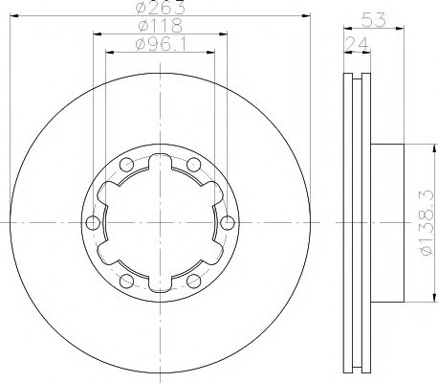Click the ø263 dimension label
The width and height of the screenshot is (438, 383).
(161, 8)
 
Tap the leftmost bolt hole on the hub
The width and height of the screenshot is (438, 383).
(93, 224)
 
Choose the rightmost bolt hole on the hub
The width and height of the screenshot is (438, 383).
(227, 224)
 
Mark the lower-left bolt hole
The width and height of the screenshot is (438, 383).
(127, 282)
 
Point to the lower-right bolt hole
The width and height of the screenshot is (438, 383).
(193, 282)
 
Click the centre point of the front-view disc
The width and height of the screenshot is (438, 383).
(160, 224)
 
